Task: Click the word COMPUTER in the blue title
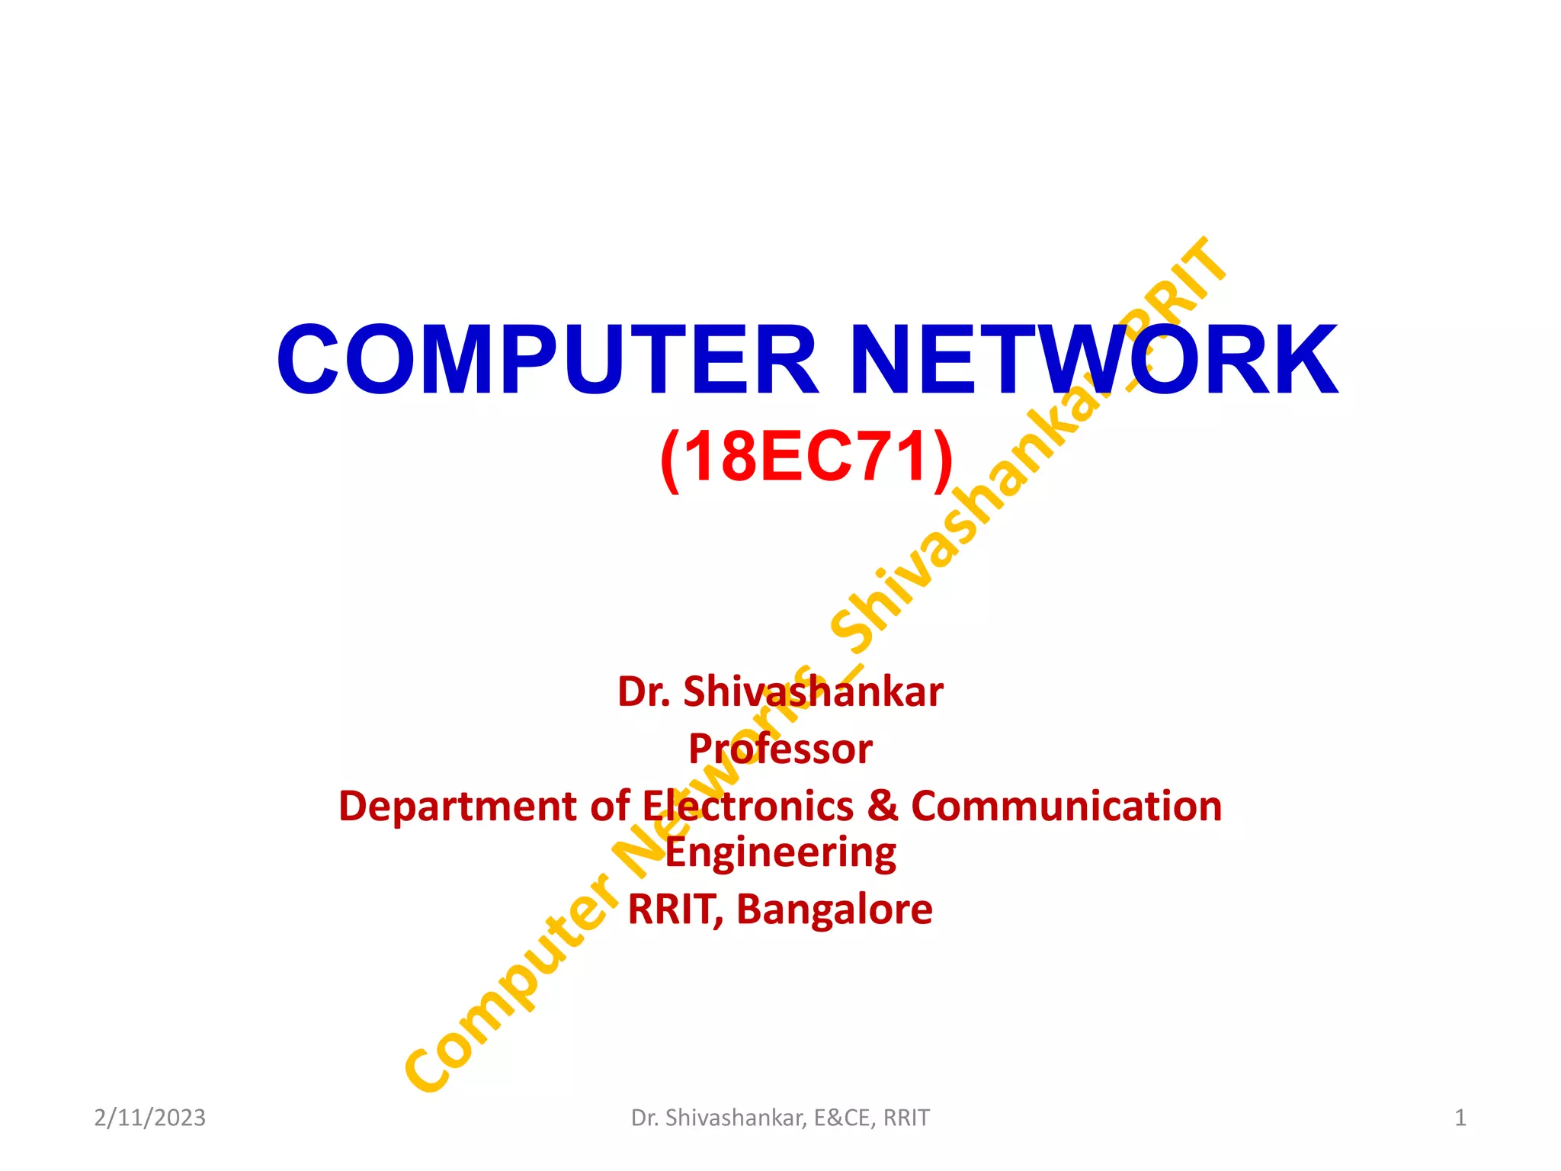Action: point(547,360)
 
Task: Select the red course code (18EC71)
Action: point(806,457)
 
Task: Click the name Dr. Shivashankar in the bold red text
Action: point(780,692)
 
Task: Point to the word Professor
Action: point(780,749)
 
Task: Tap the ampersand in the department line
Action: point(883,807)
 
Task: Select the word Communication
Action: point(1066,807)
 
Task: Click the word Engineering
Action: point(780,854)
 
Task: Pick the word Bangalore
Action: point(834,910)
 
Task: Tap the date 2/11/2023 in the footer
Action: point(149,1118)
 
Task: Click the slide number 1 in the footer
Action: point(1460,1118)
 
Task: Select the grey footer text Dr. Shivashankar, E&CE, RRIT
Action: point(780,1118)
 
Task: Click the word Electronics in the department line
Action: point(748,807)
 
